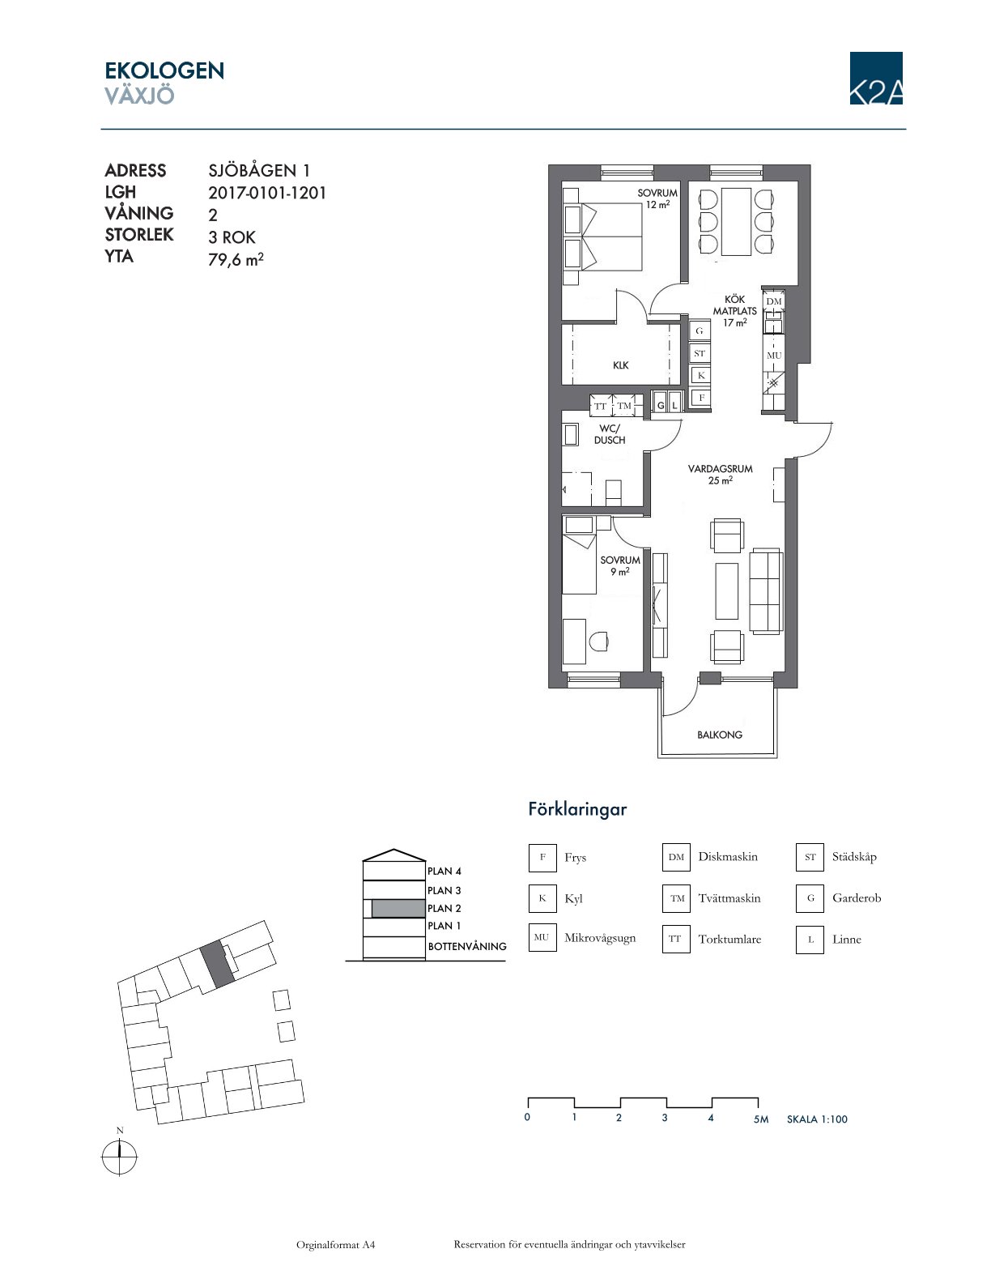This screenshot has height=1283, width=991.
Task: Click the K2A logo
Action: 876,78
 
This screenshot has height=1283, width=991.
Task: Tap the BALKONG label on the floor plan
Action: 720,735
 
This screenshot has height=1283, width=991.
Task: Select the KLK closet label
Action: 621,365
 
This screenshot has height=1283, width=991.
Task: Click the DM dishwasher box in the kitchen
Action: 774,301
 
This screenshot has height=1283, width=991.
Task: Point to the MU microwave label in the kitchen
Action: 774,356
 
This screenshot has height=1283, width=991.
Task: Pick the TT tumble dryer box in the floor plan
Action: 600,406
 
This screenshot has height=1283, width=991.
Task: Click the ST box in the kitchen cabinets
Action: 700,353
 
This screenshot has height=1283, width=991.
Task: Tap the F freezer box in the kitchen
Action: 701,398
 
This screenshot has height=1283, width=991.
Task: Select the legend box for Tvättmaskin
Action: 676,898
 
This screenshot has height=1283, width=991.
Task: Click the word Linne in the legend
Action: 846,940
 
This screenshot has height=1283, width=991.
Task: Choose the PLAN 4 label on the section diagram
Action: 444,871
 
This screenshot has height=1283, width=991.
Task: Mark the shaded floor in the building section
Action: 398,908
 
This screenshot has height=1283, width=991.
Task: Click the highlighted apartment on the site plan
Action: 217,964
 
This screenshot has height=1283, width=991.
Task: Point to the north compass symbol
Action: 119,1159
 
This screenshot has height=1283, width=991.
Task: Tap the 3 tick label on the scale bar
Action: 666,1118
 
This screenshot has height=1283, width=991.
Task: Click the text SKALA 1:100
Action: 817,1119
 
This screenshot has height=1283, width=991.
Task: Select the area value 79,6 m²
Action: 236,258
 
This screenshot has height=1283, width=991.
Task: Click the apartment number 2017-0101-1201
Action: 267,193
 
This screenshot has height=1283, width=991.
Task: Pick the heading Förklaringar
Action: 577,809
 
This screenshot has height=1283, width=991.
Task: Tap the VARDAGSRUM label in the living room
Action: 720,469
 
